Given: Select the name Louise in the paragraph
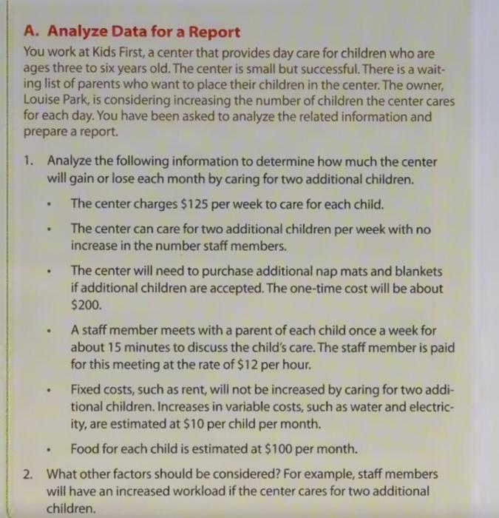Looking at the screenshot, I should tap(41, 100).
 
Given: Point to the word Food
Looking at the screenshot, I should tap(86, 448).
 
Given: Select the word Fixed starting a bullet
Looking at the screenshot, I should tap(87, 389).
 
